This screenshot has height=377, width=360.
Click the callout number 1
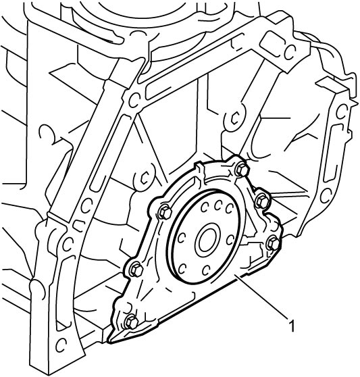coord(292,325)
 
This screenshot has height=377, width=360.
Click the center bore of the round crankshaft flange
coord(207,242)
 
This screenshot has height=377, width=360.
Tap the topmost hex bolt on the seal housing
coord(242,170)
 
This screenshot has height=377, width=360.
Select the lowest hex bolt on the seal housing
coord(132,322)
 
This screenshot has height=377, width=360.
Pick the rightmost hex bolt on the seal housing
coord(274,243)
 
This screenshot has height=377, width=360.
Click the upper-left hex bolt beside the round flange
coord(165,212)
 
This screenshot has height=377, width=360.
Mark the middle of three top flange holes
coord(218,206)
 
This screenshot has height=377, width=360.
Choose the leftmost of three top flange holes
coord(204,207)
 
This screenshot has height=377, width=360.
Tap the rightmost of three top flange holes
coord(229,209)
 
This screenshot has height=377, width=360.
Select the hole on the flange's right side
coord(230,239)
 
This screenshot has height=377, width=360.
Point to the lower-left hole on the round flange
coord(182,269)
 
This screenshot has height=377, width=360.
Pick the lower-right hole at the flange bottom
coord(206,270)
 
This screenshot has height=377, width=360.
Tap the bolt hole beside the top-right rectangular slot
coord(290,53)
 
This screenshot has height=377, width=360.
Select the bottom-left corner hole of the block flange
coord(61,345)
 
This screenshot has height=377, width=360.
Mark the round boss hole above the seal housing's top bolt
coord(234,118)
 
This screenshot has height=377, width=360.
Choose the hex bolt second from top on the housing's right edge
coord(263,201)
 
